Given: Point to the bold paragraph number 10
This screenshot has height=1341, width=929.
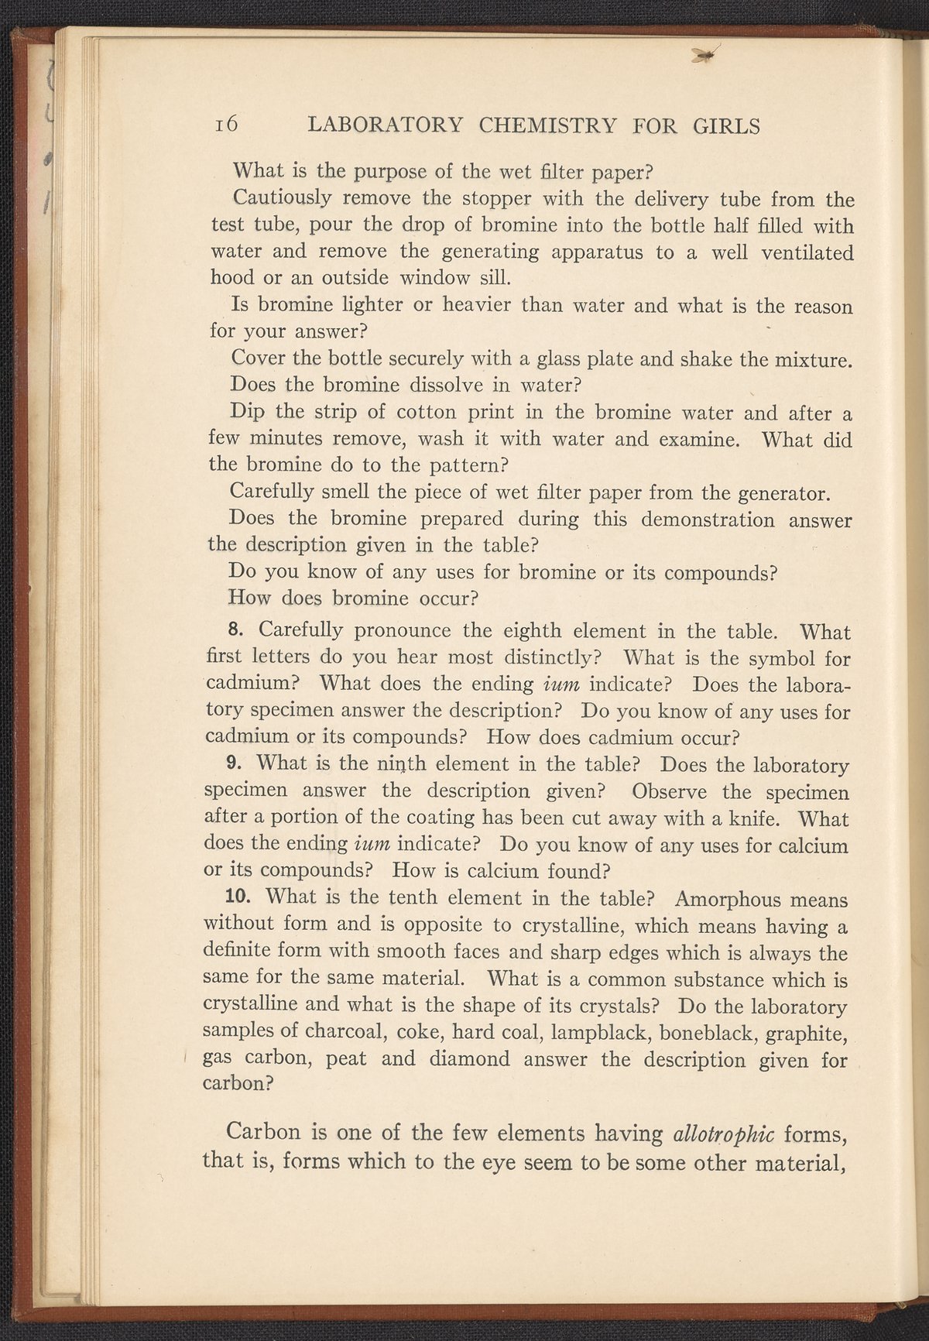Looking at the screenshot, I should click(x=240, y=898).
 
